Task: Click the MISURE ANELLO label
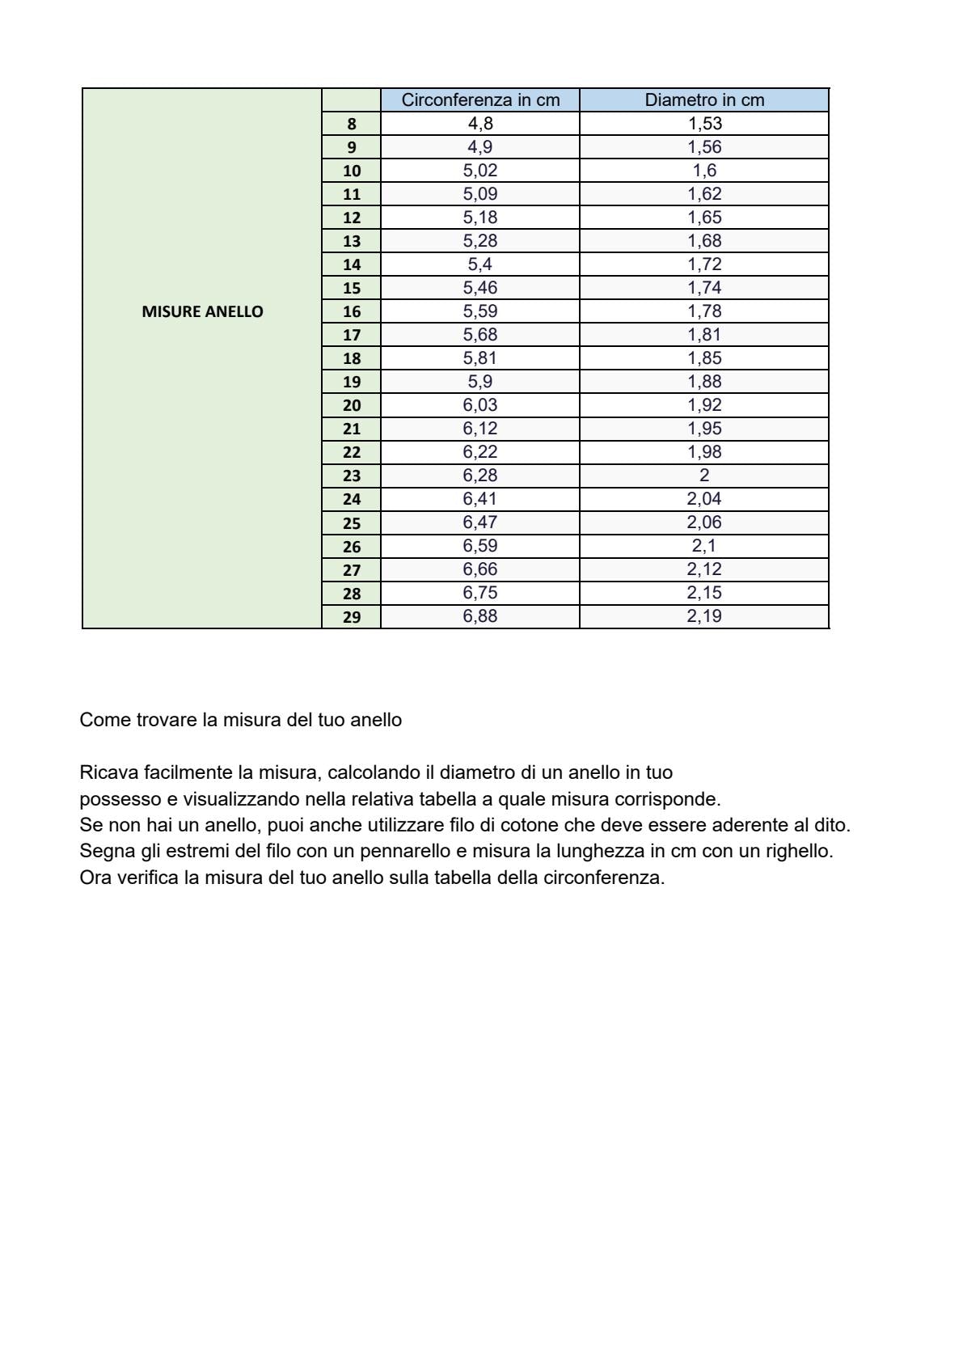[202, 312]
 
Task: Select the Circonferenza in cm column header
[480, 100]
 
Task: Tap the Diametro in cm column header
[704, 100]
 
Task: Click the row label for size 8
[351, 125]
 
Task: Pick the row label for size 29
[351, 617]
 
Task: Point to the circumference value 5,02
[480, 171]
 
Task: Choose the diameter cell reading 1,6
[704, 171]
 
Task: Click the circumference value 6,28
[480, 476]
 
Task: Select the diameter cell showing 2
[704, 476]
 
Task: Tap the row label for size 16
[351, 312]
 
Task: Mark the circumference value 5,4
[480, 264]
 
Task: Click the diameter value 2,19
[704, 616]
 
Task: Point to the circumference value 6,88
[480, 616]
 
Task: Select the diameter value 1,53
[704, 124]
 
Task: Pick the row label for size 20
[351, 406]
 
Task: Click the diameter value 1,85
[704, 358]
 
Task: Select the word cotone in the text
[530, 826]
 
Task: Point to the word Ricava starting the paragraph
[109, 773]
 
